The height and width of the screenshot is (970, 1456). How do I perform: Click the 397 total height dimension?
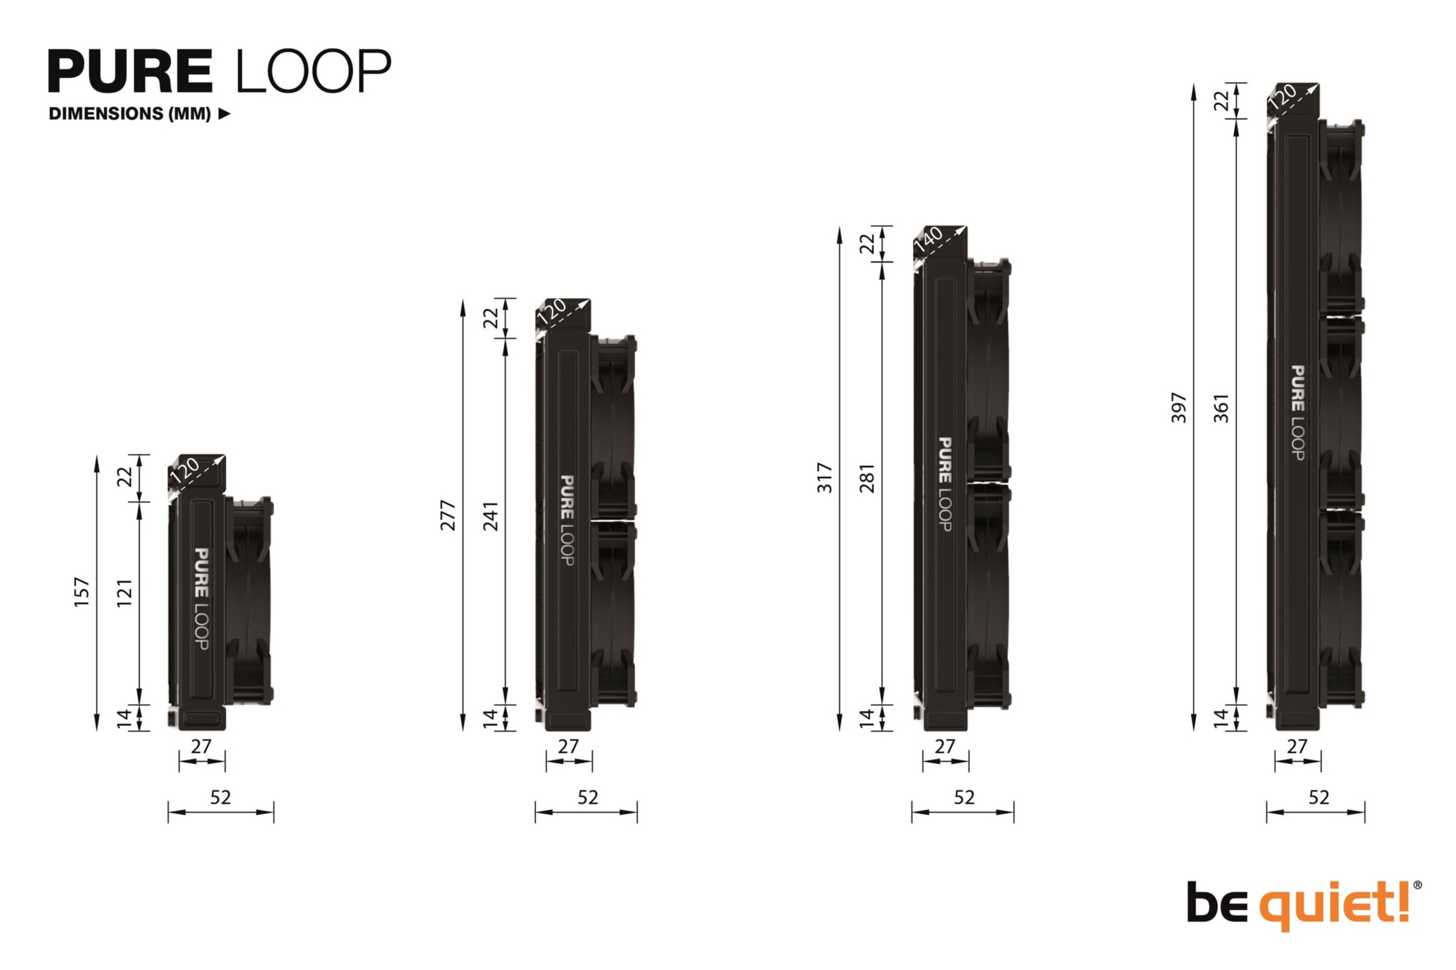tap(1179, 407)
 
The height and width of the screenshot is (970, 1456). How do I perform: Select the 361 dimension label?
tap(1221, 407)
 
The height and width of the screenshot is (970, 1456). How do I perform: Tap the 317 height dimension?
tap(825, 478)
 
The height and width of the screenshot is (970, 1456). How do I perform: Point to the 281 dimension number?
tap(868, 478)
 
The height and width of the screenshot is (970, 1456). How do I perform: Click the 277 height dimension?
tap(448, 515)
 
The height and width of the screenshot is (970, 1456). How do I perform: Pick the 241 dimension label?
tap(491, 516)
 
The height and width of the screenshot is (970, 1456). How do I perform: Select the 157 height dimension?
tap(82, 592)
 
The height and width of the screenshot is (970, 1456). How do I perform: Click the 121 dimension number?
tap(124, 593)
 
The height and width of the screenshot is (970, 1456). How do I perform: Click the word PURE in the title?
tap(130, 71)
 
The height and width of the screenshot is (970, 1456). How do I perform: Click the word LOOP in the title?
tap(313, 71)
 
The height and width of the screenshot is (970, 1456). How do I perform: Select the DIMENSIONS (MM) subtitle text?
tap(130, 114)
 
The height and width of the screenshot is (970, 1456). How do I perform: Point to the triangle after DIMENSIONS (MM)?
tap(224, 114)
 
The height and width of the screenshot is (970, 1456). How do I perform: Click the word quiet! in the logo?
tap(1336, 905)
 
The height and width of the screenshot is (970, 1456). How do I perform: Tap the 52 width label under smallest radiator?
tap(220, 797)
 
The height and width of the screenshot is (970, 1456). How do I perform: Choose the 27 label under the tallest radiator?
tap(1297, 747)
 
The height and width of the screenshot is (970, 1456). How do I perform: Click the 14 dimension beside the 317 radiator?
tap(867, 718)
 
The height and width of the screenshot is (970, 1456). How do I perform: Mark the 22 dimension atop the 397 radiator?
tap(1221, 100)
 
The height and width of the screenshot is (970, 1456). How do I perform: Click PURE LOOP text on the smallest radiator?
tap(201, 599)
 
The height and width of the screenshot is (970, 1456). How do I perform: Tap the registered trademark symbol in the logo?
tap(1418, 885)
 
